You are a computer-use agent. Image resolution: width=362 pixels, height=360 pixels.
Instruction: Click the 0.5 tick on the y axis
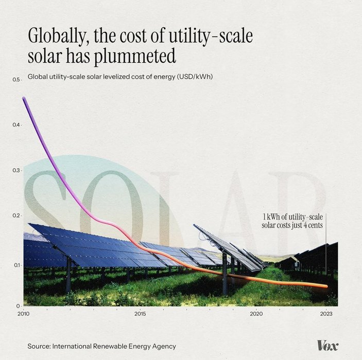[x=16, y=80]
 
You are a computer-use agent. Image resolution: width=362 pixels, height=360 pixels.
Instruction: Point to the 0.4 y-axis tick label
[x=16, y=125]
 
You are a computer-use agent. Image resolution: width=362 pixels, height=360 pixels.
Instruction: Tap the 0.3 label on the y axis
[x=16, y=170]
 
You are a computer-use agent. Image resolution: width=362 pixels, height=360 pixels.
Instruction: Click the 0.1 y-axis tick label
[x=16, y=265]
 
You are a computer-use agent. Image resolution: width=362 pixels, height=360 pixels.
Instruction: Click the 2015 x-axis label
[x=140, y=313]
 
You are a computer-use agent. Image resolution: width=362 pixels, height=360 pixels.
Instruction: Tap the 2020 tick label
[x=256, y=313]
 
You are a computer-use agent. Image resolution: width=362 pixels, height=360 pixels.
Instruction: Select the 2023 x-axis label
[x=326, y=313]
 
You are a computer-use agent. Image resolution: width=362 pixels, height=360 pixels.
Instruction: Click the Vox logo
[x=327, y=346]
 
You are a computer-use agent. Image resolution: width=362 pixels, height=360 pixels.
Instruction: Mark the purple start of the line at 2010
[x=24, y=98]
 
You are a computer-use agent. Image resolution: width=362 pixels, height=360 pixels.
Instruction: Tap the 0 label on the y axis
[x=18, y=305]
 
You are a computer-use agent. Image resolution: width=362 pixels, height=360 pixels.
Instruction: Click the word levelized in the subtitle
[x=120, y=77]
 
